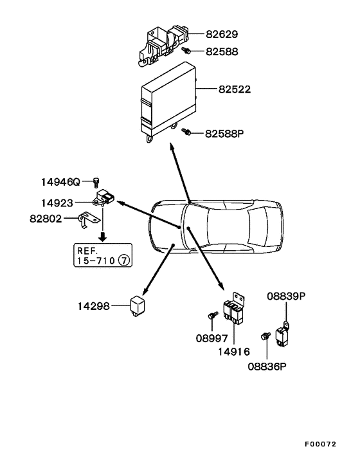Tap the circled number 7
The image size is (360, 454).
click(x=123, y=260)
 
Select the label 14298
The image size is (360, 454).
click(x=94, y=307)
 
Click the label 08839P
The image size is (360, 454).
click(x=286, y=296)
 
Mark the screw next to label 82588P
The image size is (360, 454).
click(x=186, y=132)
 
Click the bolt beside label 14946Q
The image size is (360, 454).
click(x=96, y=182)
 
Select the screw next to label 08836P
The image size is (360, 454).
click(x=264, y=336)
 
